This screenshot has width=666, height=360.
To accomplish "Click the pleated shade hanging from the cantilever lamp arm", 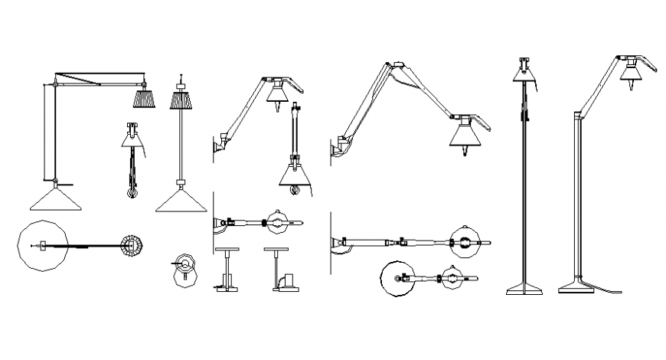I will [144, 99].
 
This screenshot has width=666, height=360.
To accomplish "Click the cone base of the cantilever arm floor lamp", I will [55, 200].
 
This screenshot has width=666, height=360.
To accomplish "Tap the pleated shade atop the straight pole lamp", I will [181, 100].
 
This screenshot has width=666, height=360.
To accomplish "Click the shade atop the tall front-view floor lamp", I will [524, 72].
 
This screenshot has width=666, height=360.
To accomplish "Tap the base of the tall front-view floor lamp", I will [524, 289].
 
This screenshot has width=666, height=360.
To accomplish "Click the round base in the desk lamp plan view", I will [398, 281].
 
